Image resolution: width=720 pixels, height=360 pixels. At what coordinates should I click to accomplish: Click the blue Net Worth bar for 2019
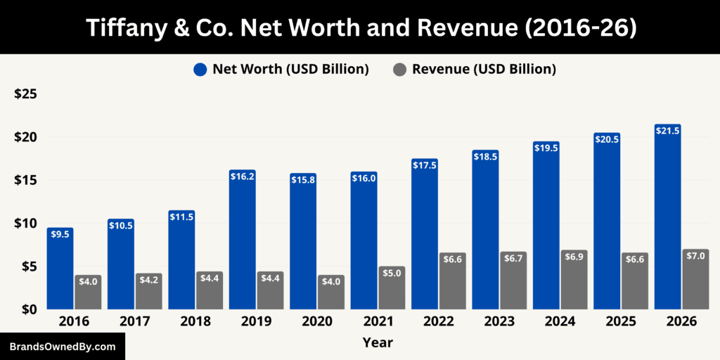click(x=242, y=243)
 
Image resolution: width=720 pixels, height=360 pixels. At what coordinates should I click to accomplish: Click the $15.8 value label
click(x=303, y=180)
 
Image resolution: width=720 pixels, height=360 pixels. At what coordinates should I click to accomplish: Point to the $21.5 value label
click(x=667, y=131)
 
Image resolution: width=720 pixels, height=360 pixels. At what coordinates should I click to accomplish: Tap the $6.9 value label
click(x=574, y=257)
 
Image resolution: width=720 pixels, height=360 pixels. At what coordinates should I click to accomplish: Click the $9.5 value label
click(x=60, y=234)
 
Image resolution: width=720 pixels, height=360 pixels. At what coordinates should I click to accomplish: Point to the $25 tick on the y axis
click(x=25, y=94)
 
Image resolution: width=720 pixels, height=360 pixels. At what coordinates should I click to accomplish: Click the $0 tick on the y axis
click(x=29, y=309)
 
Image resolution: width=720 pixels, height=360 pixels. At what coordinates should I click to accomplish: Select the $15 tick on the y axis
click(x=25, y=180)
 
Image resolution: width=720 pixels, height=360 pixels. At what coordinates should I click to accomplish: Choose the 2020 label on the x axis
click(x=316, y=321)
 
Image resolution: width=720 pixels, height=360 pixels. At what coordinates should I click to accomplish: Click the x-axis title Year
click(x=378, y=343)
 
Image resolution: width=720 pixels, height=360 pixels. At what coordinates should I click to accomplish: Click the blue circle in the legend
click(x=200, y=69)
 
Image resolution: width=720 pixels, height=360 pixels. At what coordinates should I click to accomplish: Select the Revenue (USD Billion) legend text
click(x=484, y=69)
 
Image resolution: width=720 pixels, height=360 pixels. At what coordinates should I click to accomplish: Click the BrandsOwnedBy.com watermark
click(x=62, y=347)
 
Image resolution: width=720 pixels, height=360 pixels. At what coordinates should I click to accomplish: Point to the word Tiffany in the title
click(x=123, y=27)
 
